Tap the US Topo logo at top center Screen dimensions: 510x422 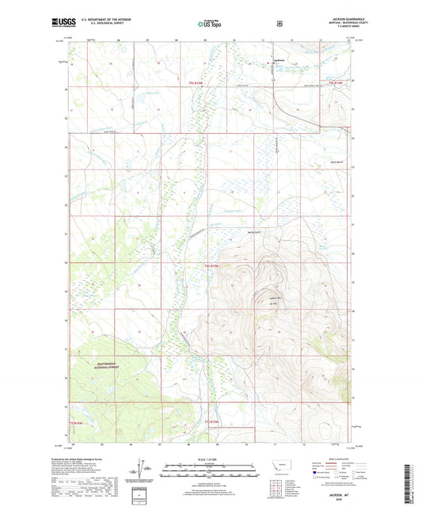pos(210,25)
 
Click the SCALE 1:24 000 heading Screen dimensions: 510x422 pos(210,459)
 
